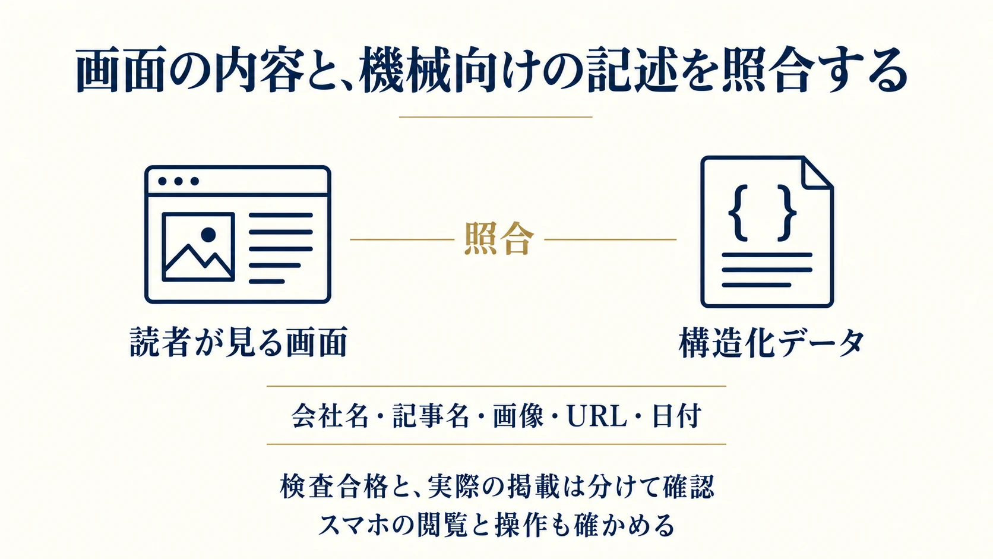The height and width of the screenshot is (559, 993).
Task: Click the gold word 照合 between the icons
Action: tap(499, 239)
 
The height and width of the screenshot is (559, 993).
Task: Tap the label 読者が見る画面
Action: tap(239, 342)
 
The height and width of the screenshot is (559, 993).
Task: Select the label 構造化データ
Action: tap(772, 342)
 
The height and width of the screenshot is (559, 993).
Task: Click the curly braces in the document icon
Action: tap(762, 213)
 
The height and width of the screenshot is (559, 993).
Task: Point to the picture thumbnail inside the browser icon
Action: tap(198, 247)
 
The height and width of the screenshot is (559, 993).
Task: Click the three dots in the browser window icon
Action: tap(178, 181)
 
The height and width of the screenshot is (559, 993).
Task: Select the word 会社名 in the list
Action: tap(330, 416)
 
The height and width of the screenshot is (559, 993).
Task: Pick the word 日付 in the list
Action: tap(676, 416)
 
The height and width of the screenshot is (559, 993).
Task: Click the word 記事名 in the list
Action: tap(431, 416)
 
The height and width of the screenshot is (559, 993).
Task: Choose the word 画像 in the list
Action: tap(518, 416)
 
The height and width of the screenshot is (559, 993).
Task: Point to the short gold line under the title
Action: tap(496, 117)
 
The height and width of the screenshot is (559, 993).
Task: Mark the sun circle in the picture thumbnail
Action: tap(208, 235)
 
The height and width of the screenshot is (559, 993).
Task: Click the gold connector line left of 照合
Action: tap(403, 239)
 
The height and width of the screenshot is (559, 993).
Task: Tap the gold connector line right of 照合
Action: tap(611, 239)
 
